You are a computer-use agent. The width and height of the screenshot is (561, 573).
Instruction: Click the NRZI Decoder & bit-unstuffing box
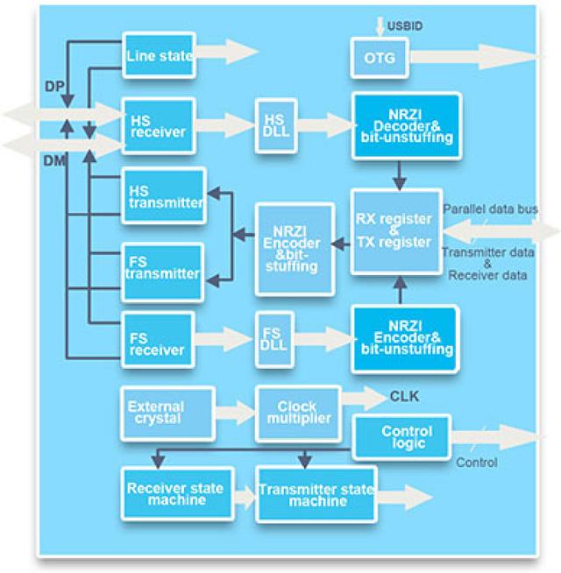(x=405, y=125)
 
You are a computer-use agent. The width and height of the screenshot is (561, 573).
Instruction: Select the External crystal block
(x=167, y=413)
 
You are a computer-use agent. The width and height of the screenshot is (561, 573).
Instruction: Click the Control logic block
(x=404, y=436)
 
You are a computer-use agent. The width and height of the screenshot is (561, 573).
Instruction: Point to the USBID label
(x=404, y=27)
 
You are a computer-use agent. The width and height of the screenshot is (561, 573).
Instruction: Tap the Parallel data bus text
(x=490, y=209)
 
